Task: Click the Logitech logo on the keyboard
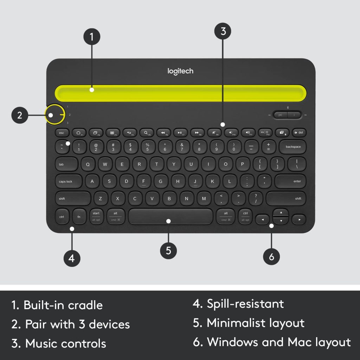tap(180, 71)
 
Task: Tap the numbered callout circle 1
tap(92, 37)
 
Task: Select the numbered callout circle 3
tap(223, 31)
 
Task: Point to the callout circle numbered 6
tap(271, 257)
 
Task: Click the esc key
tap(62, 133)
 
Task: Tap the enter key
tap(290, 181)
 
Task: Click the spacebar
tap(171, 217)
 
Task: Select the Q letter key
tap(88, 164)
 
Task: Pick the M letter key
tap(204, 199)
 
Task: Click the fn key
tap(79, 217)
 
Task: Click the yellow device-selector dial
tap(55, 114)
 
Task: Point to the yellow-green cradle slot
tap(180, 92)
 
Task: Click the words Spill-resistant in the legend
tap(245, 304)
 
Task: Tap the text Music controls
tap(65, 343)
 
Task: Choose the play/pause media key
tap(180, 133)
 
